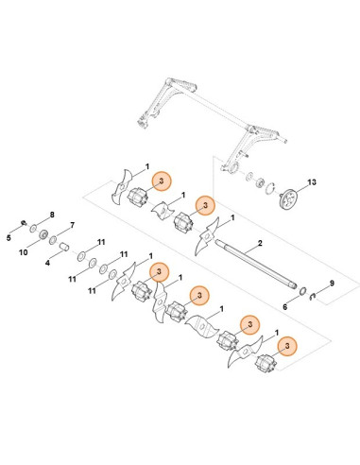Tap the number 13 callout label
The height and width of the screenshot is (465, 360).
[314, 181]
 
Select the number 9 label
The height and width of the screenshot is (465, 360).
[330, 284]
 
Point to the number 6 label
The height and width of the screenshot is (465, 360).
[286, 307]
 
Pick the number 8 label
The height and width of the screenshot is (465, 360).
[51, 215]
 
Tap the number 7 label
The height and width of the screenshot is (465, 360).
[66, 227]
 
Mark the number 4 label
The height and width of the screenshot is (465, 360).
[47, 265]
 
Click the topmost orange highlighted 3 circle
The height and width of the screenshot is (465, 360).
[161, 180]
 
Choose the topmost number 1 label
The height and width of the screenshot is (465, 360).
[146, 167]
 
